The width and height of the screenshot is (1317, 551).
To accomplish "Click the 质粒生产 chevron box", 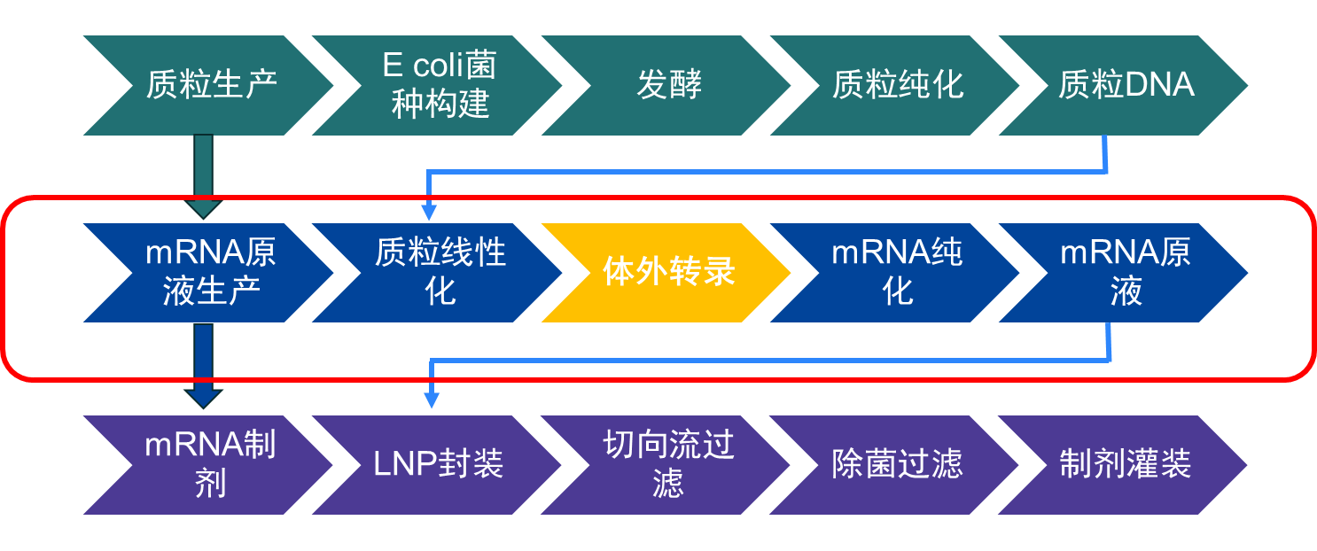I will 211,86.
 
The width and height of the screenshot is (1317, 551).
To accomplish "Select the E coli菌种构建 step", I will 440,86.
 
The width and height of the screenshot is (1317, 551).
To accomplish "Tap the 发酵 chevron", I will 668,86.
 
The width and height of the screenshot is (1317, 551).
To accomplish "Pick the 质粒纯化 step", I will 897,86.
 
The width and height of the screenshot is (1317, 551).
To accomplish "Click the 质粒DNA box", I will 1126,86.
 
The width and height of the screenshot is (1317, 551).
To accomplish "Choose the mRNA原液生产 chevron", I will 211,272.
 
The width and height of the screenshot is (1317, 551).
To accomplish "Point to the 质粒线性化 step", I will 440,272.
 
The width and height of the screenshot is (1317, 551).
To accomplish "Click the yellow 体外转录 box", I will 668,272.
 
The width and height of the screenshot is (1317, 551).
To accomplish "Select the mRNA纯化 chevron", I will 897,272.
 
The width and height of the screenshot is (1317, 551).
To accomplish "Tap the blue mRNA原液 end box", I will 1126,272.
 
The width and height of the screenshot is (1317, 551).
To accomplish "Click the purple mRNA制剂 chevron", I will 211,464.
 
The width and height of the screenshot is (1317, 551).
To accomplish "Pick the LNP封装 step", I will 440,464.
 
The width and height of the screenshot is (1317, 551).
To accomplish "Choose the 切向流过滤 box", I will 668,464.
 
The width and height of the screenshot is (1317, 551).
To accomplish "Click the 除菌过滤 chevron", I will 897,464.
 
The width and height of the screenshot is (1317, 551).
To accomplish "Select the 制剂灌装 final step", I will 1126,464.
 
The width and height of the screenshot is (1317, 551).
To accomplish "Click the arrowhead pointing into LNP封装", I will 432,400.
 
